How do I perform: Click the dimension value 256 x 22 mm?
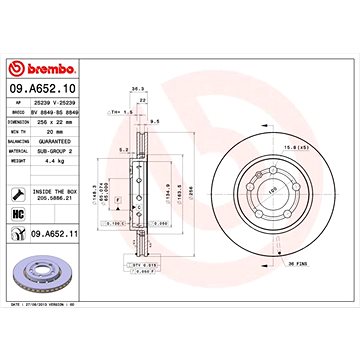pyautogui.click(x=81, y=123)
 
